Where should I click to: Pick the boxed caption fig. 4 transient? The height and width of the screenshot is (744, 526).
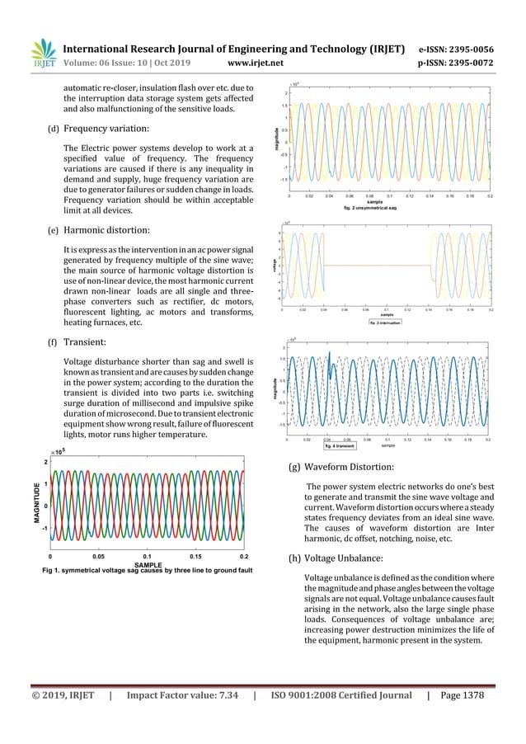[x=339, y=450]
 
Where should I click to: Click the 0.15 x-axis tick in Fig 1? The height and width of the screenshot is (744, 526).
[x=195, y=556]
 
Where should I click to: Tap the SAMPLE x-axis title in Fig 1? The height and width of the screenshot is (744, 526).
[x=147, y=564]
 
